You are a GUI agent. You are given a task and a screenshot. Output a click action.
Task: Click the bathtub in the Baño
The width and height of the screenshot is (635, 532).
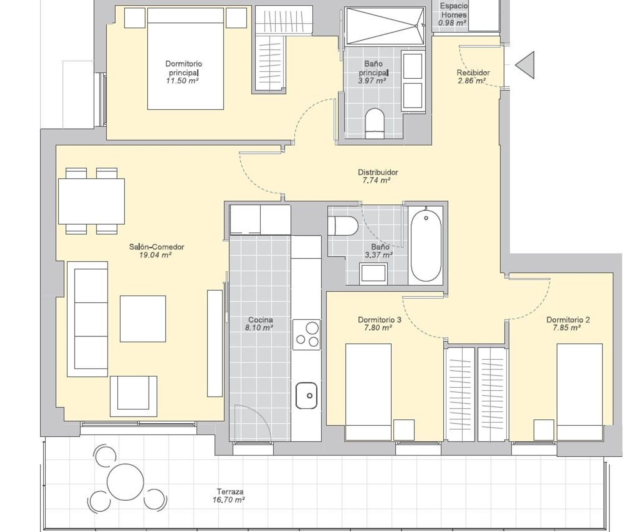pos(426,245)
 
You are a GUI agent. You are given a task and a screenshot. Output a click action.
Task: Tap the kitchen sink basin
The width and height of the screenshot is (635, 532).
pos(306,395)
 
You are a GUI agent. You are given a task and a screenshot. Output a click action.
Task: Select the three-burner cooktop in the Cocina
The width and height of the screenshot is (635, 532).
pos(306,334)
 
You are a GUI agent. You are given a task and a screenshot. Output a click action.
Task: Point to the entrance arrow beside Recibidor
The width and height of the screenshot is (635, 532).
pos(525,65)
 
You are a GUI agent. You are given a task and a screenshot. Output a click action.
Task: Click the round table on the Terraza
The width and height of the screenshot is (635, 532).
pos(125,482)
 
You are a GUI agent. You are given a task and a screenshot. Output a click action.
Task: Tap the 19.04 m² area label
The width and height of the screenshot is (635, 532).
pos(155,255)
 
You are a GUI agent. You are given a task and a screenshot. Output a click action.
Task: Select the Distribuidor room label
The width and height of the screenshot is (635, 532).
pos(378,172)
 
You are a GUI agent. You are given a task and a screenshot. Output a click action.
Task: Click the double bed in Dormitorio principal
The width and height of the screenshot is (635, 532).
pos(185,59)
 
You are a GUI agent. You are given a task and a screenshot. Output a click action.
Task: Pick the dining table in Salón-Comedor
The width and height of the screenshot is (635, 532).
pos(91,201)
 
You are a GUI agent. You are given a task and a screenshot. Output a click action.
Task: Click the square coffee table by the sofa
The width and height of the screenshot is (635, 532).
pos(143,319)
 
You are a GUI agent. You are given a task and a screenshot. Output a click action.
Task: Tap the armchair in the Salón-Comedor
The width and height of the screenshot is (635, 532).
pos(133,396)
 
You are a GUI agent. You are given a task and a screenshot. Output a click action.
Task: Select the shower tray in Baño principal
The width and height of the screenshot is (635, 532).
pos(385,26)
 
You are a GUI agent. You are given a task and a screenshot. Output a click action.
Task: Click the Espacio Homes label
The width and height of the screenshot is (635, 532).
pos(454,10)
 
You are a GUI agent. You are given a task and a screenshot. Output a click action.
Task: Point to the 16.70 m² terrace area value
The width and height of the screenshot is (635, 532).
pos(229,499)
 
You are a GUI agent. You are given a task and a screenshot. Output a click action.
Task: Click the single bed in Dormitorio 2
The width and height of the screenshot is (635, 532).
pos(580,392)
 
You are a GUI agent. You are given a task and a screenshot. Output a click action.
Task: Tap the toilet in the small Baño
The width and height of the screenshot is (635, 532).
pos(343,226)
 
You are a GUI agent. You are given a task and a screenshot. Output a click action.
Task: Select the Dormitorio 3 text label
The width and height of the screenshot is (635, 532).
pos(379,320)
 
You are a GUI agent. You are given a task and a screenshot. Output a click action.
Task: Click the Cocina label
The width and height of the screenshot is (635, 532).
pos(260,320)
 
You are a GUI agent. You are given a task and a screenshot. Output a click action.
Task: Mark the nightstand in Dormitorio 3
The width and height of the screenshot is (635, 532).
pos(404,430)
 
